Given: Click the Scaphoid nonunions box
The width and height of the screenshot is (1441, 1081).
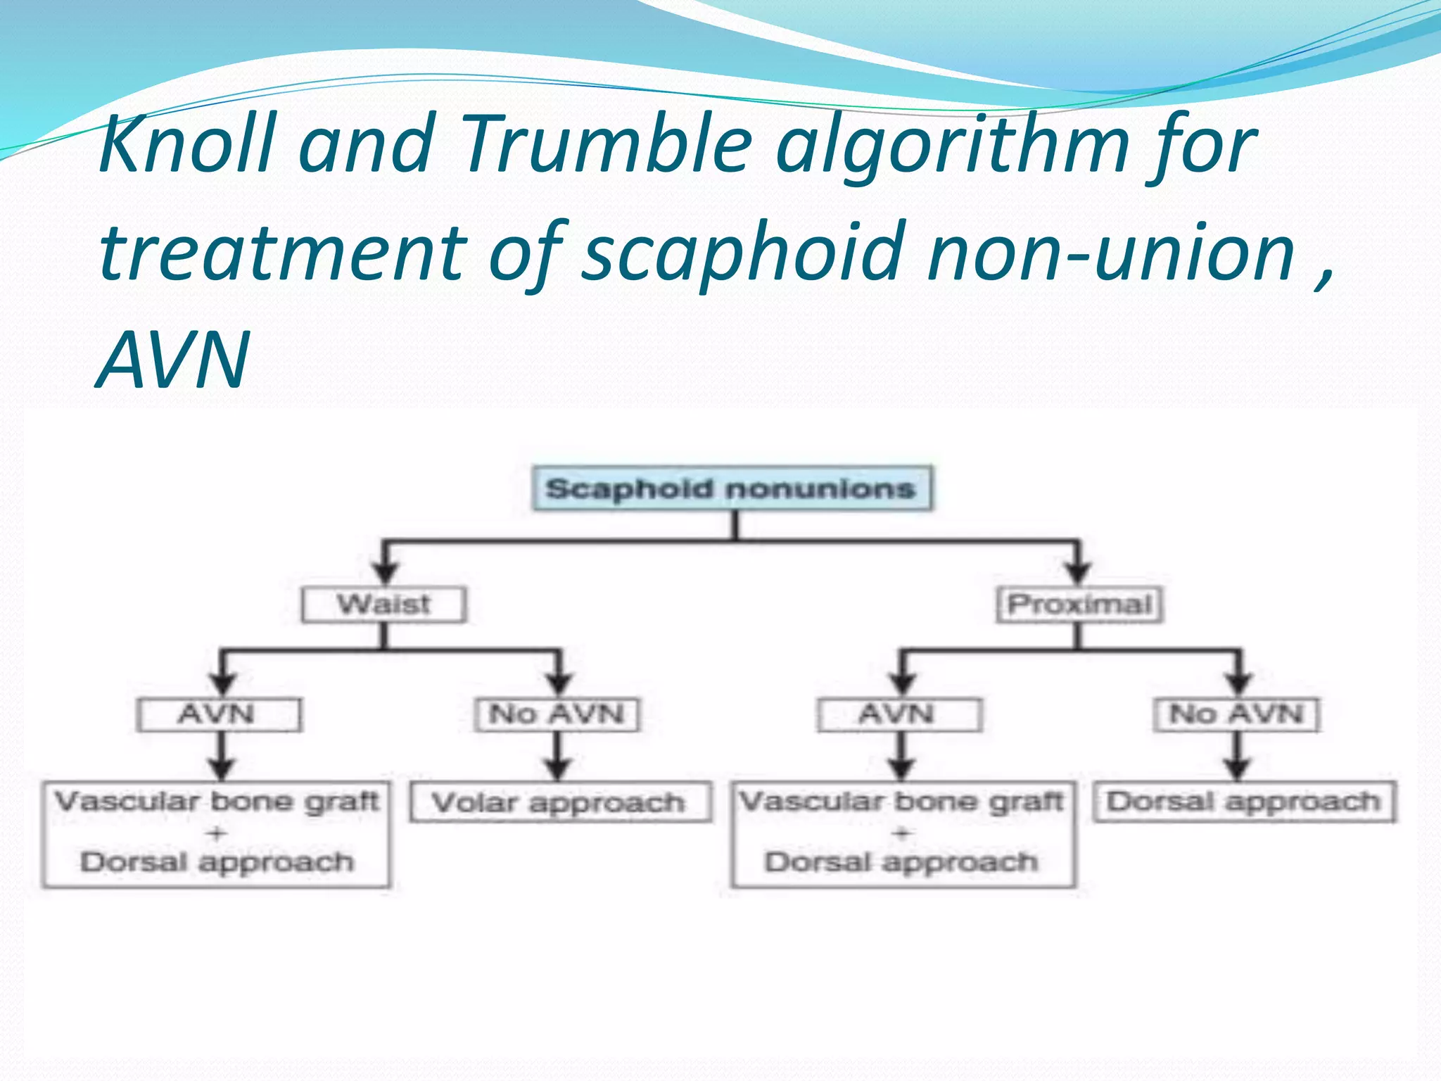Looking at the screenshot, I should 732,488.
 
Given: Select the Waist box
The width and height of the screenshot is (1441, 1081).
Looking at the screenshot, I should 383,605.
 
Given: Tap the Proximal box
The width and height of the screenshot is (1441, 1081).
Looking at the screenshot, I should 1079,605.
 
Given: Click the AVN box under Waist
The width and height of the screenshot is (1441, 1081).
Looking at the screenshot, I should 219,714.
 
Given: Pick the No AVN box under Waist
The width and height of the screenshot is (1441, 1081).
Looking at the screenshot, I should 557,714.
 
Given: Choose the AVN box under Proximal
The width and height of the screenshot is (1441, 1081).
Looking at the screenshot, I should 899,714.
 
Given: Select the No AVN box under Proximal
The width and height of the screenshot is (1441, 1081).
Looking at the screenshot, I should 1236,714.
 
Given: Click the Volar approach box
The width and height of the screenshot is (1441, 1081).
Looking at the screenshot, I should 559,803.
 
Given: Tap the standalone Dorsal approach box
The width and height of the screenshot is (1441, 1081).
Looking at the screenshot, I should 1243,802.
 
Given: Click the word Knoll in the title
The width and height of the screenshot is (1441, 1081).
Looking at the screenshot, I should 186,144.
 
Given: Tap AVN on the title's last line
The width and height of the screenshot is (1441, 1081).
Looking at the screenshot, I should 173,360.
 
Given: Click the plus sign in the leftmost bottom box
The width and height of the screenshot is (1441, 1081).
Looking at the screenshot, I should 216,833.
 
